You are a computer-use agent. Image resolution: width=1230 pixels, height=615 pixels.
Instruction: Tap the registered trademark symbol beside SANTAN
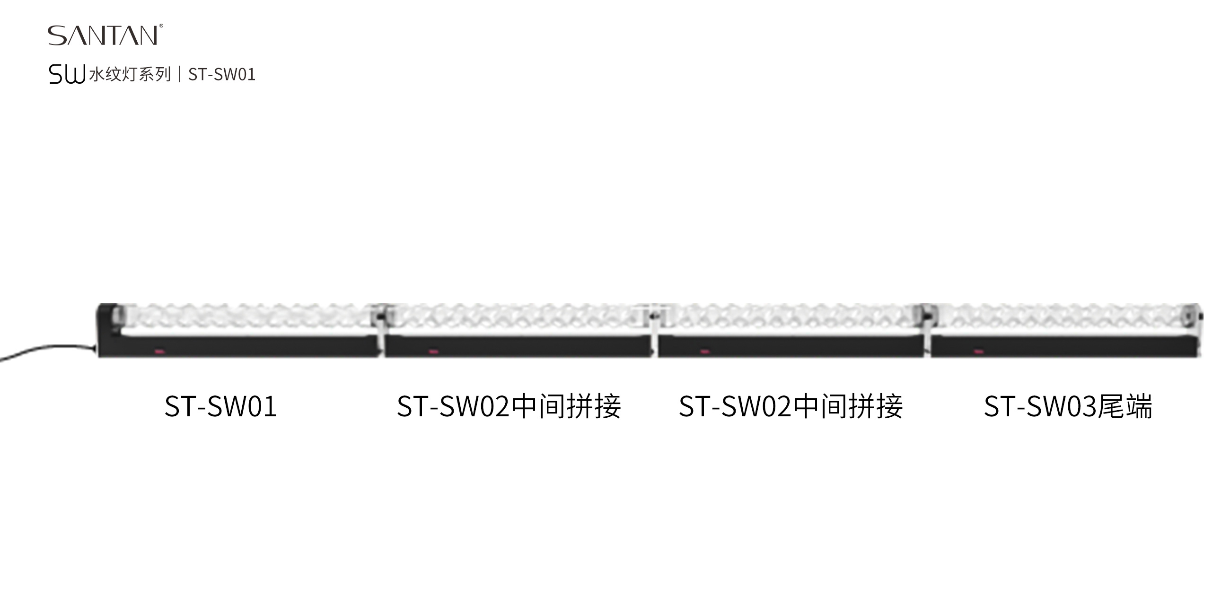[161, 26]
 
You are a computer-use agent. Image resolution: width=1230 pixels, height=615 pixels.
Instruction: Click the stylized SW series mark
[67, 74]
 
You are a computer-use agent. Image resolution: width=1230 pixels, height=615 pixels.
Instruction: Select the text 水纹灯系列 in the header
[130, 74]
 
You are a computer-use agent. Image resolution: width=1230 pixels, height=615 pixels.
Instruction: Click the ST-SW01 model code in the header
[222, 74]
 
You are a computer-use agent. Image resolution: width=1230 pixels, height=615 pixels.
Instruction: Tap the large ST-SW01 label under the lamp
[220, 406]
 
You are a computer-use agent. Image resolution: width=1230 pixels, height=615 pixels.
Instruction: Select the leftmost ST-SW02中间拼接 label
[509, 406]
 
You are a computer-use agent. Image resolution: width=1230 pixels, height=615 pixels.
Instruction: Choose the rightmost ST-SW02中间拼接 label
[791, 406]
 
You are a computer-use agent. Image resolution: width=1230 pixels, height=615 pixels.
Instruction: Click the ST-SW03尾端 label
[1068, 406]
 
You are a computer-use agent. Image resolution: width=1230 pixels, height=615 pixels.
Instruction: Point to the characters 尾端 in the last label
[1125, 406]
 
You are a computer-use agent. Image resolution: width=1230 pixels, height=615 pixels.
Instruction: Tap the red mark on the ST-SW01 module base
[158, 352]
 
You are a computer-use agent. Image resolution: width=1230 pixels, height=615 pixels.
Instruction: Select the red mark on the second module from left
[433, 352]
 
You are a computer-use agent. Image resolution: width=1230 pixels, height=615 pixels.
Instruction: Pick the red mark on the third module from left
[705, 352]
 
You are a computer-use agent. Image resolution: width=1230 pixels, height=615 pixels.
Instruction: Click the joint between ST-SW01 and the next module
[380, 329]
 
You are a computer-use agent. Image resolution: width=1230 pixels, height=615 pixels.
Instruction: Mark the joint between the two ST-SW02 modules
[654, 329]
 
